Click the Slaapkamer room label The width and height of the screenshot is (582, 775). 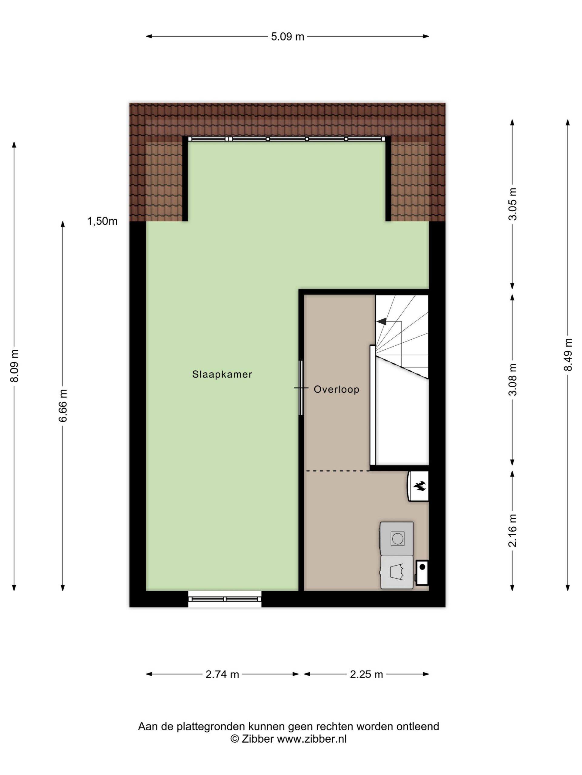(x=222, y=374)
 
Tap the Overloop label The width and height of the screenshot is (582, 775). (x=336, y=389)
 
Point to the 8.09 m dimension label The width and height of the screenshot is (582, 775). (x=14, y=366)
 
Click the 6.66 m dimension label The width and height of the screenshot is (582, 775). (x=63, y=405)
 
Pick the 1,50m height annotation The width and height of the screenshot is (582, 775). (x=102, y=221)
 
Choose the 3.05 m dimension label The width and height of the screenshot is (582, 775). (x=513, y=204)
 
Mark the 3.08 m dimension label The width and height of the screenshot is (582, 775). (x=513, y=379)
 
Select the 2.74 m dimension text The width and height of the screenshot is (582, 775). (x=222, y=674)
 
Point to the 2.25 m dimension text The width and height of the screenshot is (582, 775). (x=366, y=674)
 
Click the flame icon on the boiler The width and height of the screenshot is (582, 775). (x=420, y=486)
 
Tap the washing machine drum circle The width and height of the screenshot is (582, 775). (x=397, y=539)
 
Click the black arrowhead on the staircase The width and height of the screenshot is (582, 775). (x=381, y=321)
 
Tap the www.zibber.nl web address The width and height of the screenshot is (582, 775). (x=312, y=739)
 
